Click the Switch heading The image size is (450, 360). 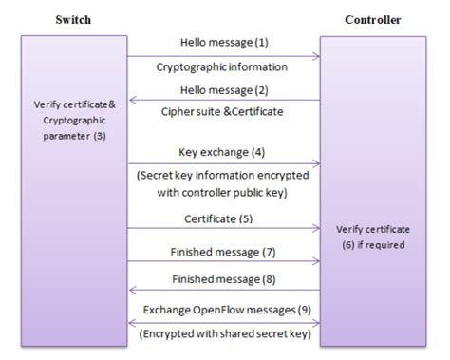(x=73, y=19)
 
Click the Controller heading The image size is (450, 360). (x=372, y=19)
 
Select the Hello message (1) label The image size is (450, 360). (x=223, y=43)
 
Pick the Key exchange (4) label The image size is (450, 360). (x=223, y=152)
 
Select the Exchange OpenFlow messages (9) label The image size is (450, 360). (x=223, y=310)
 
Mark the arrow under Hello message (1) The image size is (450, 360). (x=223, y=56)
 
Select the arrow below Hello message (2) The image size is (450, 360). (x=223, y=99)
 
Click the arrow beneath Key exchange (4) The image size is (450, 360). (x=223, y=163)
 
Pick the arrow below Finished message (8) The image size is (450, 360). (x=223, y=291)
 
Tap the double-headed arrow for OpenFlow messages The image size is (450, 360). (x=223, y=322)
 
